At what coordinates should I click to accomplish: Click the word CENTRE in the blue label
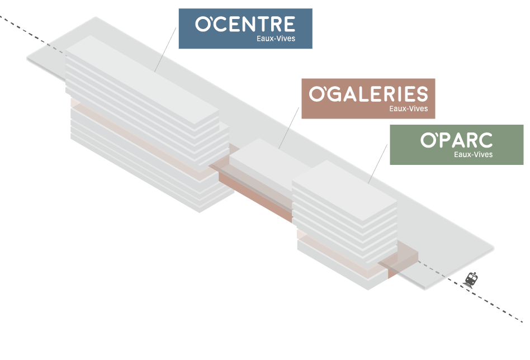coord(257,24)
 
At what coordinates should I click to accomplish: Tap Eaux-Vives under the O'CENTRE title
coord(276,39)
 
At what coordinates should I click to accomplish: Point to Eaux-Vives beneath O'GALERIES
coord(409,108)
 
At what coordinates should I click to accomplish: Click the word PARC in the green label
coord(467,140)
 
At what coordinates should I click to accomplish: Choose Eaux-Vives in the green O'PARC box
coord(473,154)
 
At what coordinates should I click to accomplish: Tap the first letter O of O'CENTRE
coord(202,24)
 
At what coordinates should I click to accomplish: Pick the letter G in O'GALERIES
coord(337,94)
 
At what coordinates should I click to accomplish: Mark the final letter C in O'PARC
coord(485,140)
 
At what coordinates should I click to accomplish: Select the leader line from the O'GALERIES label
coord(290,128)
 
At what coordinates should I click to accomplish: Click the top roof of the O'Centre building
coord(140,78)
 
